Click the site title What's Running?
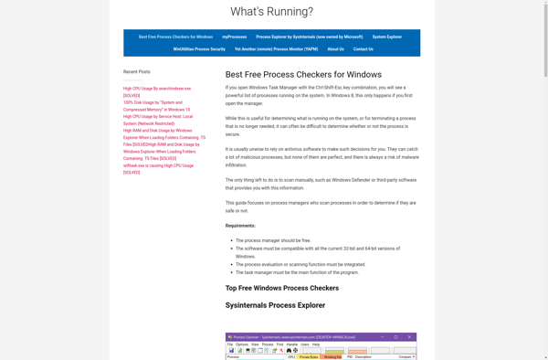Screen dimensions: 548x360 [x=271, y=12]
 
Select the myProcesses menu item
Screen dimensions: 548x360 [x=234, y=37]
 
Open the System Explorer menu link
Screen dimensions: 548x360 [x=386, y=37]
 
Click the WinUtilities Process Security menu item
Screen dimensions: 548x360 [x=199, y=49]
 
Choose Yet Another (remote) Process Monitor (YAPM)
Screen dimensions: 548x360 [x=276, y=49]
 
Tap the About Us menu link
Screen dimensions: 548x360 [x=335, y=49]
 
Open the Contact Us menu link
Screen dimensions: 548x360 [x=364, y=49]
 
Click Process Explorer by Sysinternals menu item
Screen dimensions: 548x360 [x=309, y=37]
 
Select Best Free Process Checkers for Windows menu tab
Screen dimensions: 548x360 [x=175, y=37]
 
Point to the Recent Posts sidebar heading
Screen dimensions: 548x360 [x=138, y=70]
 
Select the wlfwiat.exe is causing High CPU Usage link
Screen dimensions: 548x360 [x=158, y=165]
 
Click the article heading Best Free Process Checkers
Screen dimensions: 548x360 [x=290, y=74]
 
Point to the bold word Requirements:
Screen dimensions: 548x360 [x=240, y=226]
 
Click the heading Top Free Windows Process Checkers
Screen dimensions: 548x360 [x=281, y=288]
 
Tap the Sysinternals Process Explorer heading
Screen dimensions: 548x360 [x=275, y=305]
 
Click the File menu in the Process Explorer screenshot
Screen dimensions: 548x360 [x=231, y=344]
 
